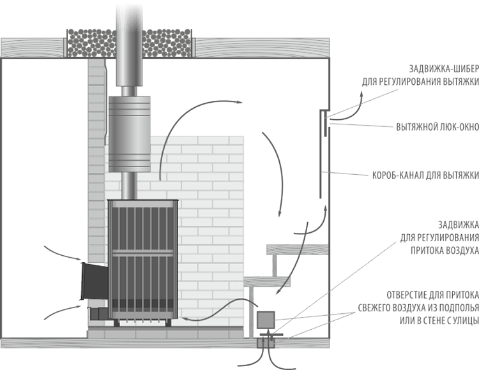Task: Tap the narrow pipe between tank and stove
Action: click(128, 185)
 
